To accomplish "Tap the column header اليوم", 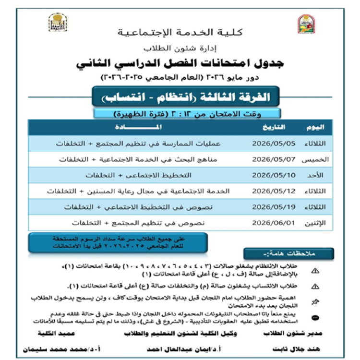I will point(315,127).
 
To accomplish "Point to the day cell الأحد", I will point(317,175).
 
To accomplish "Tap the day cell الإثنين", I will point(315,223).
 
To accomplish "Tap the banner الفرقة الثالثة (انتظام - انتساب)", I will point(181,97).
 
